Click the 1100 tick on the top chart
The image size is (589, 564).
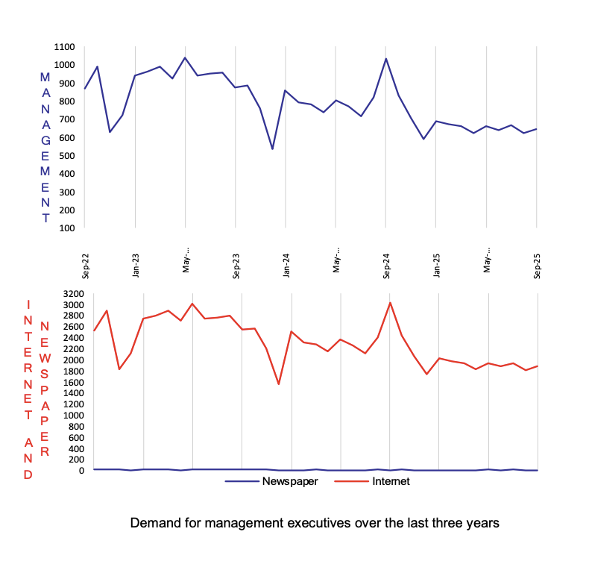[63, 47]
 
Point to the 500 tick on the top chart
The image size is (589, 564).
[66, 156]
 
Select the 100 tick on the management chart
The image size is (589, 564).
[66, 228]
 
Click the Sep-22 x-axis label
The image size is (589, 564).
[86, 265]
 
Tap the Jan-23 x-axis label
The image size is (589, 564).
[136, 265]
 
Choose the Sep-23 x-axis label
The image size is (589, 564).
[236, 265]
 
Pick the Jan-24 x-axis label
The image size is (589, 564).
[286, 265]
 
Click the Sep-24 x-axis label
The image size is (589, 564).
[387, 265]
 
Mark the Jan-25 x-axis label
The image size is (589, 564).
[437, 265]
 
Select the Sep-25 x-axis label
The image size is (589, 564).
[538, 265]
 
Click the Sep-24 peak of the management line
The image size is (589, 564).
[386, 58]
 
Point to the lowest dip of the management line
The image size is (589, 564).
[272, 149]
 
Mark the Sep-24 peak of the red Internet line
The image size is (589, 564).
[390, 302]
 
